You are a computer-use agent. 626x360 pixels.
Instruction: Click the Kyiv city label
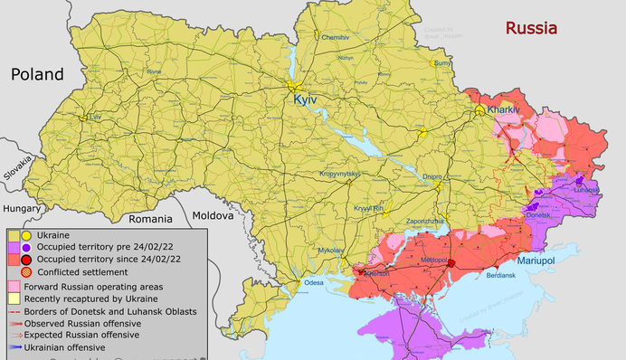[x=306, y=100]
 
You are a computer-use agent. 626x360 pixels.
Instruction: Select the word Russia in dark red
[x=531, y=28]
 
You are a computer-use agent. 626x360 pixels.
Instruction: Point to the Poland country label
[x=38, y=74]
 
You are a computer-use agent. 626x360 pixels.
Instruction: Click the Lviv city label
[x=97, y=118]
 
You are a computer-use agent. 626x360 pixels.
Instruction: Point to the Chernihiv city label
[x=335, y=37]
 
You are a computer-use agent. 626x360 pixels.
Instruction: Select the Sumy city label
[x=442, y=63]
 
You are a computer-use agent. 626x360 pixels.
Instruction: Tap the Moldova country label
[x=213, y=215]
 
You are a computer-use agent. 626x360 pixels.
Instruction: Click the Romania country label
[x=149, y=218]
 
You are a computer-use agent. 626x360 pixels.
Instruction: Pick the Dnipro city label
[x=432, y=177]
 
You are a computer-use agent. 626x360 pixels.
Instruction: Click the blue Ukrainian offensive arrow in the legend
[x=15, y=346]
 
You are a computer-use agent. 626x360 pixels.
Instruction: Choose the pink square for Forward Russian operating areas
[x=14, y=286]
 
